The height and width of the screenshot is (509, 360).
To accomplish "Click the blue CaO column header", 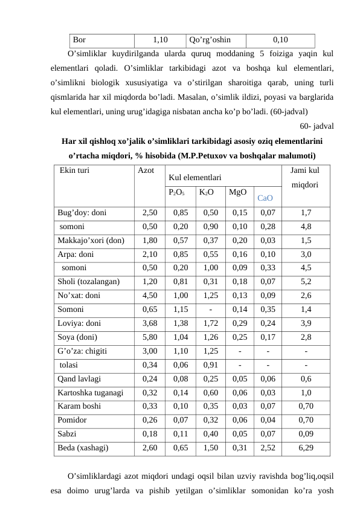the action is [266, 198].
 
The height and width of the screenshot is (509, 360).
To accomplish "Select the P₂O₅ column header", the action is [176, 193].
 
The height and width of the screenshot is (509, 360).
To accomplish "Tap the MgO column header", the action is [236, 193].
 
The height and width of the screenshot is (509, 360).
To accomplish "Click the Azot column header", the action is [146, 171].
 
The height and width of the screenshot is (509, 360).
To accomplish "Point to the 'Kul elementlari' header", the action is [194, 178].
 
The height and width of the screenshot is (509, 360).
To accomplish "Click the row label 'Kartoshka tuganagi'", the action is [91, 392].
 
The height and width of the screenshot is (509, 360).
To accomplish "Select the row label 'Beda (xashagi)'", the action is [83, 448].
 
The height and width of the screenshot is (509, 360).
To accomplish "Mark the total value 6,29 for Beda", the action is [306, 448].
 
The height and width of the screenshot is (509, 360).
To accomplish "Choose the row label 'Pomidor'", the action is [72, 420].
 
